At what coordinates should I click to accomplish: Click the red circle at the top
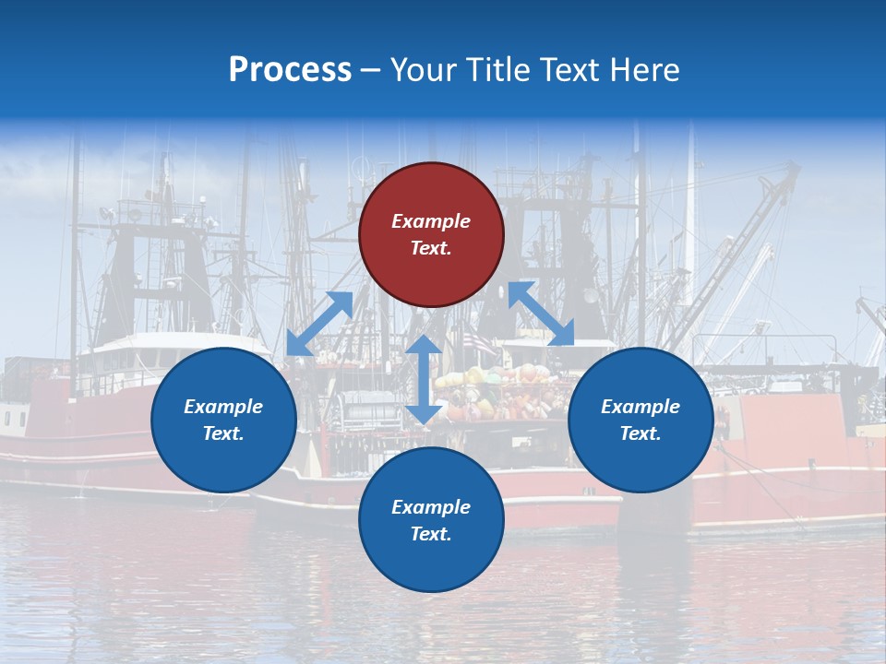tap(431, 235)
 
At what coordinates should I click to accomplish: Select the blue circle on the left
tap(223, 420)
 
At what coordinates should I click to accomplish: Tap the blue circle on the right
tap(641, 420)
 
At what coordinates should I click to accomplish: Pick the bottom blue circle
tap(431, 520)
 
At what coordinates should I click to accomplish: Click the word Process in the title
tap(290, 69)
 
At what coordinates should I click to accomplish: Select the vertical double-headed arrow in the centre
tap(424, 379)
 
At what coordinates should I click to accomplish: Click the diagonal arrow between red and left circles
tap(320, 324)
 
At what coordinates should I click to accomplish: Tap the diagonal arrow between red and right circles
tap(541, 314)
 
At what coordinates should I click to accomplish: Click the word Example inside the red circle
tap(431, 221)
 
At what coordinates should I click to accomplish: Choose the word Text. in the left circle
tap(223, 433)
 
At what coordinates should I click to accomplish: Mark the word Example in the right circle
tap(641, 407)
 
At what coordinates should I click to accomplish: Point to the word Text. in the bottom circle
tap(431, 534)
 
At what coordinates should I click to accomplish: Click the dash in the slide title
tap(371, 70)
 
